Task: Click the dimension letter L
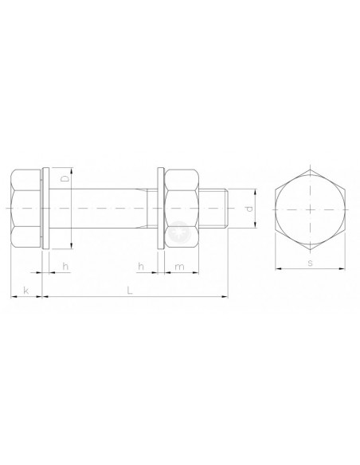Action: (x=129, y=291)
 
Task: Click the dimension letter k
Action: (x=26, y=291)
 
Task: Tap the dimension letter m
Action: (x=179, y=267)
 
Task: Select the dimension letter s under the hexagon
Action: (x=310, y=263)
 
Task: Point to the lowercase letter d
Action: (x=249, y=209)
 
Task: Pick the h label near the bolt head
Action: (x=65, y=266)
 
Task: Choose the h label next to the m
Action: (x=141, y=266)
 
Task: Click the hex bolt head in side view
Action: (x=25, y=209)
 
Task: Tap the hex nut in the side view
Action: (x=182, y=209)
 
